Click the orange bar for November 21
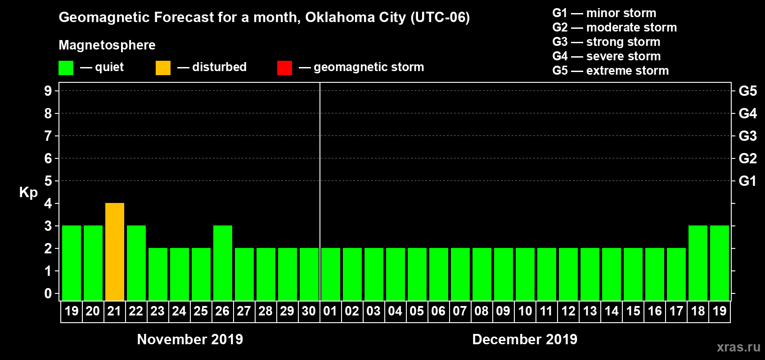coord(115,252)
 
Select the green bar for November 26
coord(223,263)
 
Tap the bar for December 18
coord(698,263)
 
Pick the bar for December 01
coord(331,274)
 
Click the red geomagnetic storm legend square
coord(284,68)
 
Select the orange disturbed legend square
coord(163,68)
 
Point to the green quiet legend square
coord(66,68)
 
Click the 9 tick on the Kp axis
coord(48,91)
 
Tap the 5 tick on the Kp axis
coord(48,181)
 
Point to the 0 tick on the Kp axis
coord(48,294)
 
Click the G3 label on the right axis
coord(747,136)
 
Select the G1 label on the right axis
coord(747,181)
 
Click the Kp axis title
coord(28,193)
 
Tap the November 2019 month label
coord(190,339)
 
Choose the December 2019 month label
coord(525,339)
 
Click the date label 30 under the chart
coord(309,311)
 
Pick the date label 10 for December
coord(525,311)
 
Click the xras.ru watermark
coord(738,347)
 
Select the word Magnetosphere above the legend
coord(107,45)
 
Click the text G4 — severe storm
coord(607,56)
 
